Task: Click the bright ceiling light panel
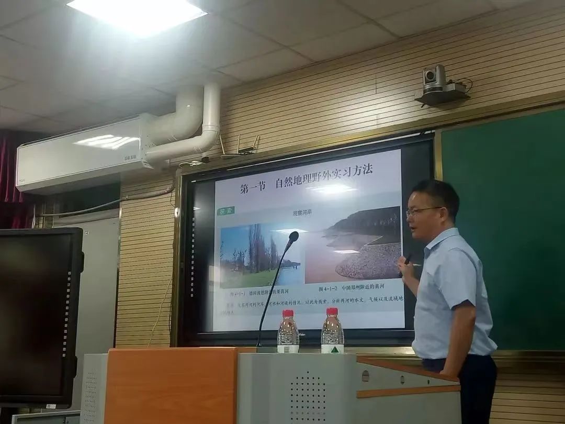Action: click(x=137, y=16)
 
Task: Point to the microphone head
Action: click(x=293, y=237)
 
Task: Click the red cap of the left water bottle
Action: click(x=288, y=314)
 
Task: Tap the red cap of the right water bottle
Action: click(x=332, y=311)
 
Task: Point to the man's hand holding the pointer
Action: click(x=405, y=267)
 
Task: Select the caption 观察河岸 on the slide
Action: click(x=304, y=213)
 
